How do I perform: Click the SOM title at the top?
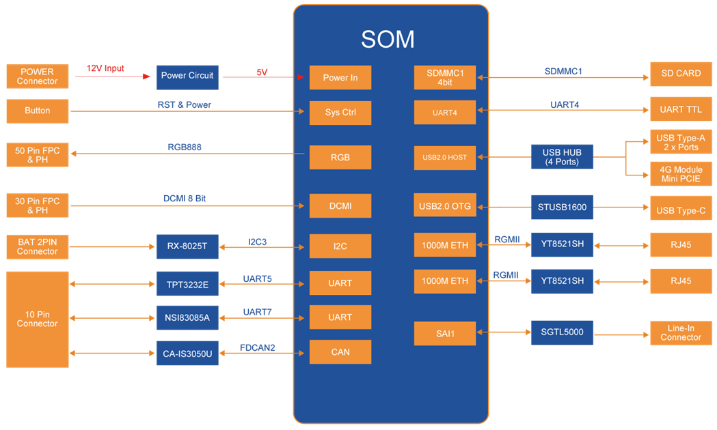388,40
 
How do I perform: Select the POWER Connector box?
38,76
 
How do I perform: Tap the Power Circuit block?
187,77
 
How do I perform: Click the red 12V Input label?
105,68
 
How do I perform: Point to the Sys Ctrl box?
340,113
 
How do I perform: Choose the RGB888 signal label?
185,147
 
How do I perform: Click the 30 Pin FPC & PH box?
38,205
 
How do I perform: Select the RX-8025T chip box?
187,246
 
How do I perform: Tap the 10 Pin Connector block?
38,319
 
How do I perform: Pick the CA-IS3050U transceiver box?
187,354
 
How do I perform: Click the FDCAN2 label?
258,347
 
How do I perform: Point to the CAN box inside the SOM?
340,352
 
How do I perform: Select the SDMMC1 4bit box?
445,78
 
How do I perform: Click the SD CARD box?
681,74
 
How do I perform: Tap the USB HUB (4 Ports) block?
562,157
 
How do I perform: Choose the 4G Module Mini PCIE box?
681,174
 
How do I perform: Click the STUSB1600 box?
562,207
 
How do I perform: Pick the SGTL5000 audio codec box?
562,332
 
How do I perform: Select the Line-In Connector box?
681,333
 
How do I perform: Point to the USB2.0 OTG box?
445,206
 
